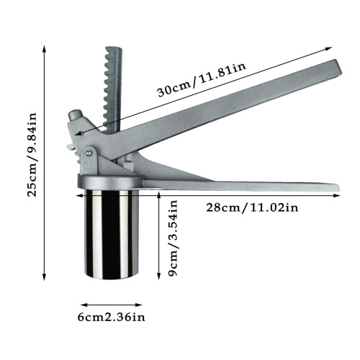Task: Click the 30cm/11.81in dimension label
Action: [202, 80]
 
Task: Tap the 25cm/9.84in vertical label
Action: [32, 155]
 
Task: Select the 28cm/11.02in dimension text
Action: [252, 207]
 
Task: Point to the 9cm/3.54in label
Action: [173, 238]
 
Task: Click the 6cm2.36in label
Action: [112, 318]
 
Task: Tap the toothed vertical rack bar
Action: [112, 89]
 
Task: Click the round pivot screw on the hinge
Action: [89, 153]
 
